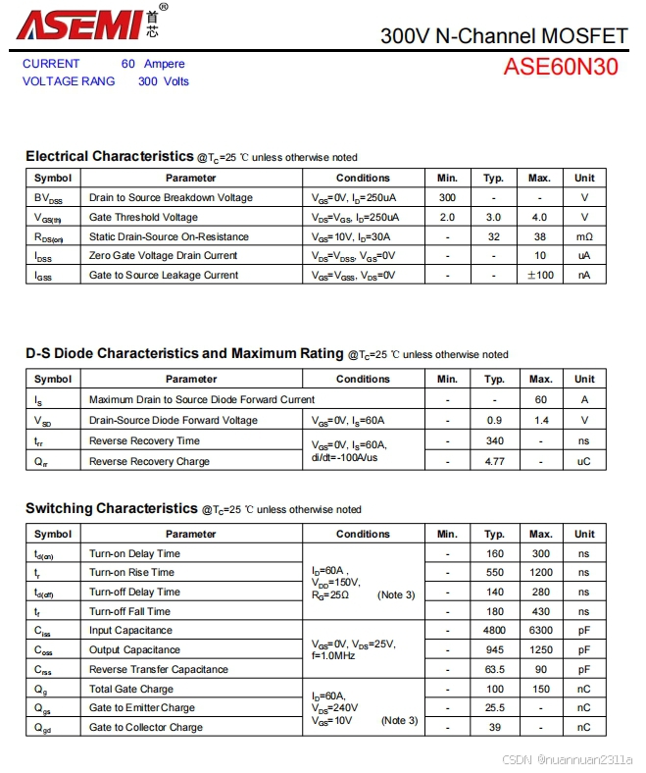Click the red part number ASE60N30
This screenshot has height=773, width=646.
561,68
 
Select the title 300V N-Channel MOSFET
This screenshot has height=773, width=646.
503,36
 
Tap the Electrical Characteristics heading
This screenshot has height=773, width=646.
110,156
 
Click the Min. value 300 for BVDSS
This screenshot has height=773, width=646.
447,197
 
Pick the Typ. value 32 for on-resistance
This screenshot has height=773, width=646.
493,236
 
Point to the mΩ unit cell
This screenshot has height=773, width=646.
584,236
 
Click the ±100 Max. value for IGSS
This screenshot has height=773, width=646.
539,275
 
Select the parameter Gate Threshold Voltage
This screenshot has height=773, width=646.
143,217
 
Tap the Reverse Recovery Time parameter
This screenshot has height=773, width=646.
144,440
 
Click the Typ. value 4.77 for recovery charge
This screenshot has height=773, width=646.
494,461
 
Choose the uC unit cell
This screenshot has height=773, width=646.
584,461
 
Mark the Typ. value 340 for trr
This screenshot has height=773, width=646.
494,440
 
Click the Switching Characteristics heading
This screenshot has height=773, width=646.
112,508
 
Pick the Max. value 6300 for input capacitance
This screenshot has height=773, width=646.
540,630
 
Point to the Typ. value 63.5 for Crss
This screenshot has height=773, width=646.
494,669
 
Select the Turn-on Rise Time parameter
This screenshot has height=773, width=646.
131,572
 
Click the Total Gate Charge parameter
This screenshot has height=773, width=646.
130,689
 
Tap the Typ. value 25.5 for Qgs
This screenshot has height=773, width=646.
494,707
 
